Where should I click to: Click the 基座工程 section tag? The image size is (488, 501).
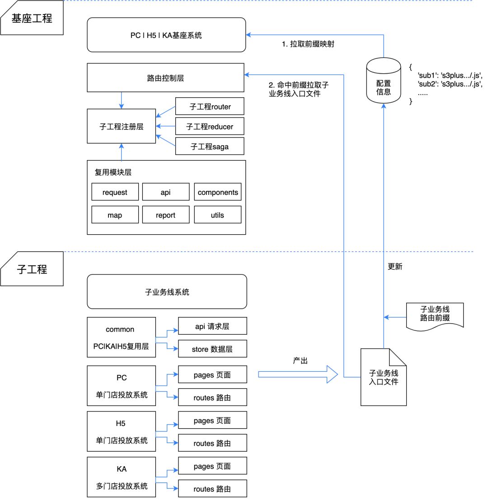pos(32,18)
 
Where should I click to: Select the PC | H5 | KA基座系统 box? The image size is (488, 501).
pos(166,35)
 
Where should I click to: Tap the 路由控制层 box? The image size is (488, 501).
pos(165,78)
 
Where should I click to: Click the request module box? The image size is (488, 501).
pos(115,192)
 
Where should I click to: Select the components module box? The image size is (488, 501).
pos(217,192)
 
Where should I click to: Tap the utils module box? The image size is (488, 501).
pos(217,215)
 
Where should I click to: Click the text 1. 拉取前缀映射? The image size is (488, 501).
pos(308,44)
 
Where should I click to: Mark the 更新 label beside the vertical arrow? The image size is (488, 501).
pos(395,266)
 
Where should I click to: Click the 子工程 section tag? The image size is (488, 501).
pos(32,269)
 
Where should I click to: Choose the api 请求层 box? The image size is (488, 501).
pos(212,326)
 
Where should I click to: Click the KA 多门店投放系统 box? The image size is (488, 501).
pos(121,477)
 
